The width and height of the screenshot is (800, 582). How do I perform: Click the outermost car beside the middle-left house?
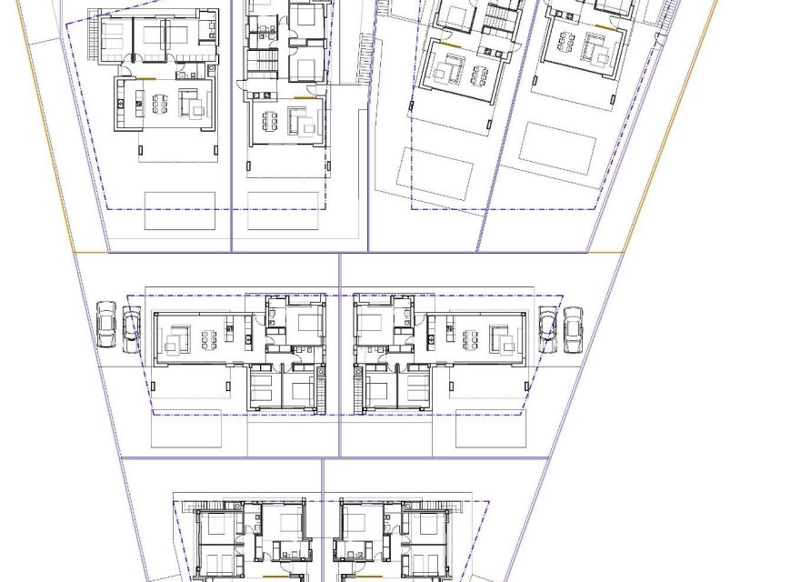106,325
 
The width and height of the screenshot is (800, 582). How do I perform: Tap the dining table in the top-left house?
160,105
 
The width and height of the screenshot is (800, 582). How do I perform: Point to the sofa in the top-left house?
193,105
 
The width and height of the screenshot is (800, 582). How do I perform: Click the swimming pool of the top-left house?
179,210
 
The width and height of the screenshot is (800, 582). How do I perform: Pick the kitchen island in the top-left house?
139,104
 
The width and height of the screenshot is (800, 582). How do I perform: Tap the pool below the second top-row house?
283,210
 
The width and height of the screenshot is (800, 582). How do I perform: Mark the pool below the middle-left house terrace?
185,428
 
